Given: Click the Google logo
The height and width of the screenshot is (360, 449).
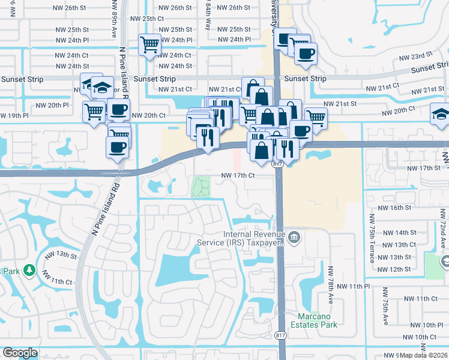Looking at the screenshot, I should [x=20, y=353].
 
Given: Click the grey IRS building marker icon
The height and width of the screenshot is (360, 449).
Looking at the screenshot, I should [x=294, y=237].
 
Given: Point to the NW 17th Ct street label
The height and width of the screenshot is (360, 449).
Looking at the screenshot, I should [x=238, y=176].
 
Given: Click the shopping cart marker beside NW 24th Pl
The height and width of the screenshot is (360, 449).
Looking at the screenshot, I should [x=149, y=45].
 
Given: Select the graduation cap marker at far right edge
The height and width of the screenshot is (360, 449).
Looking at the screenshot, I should [x=440, y=115].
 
